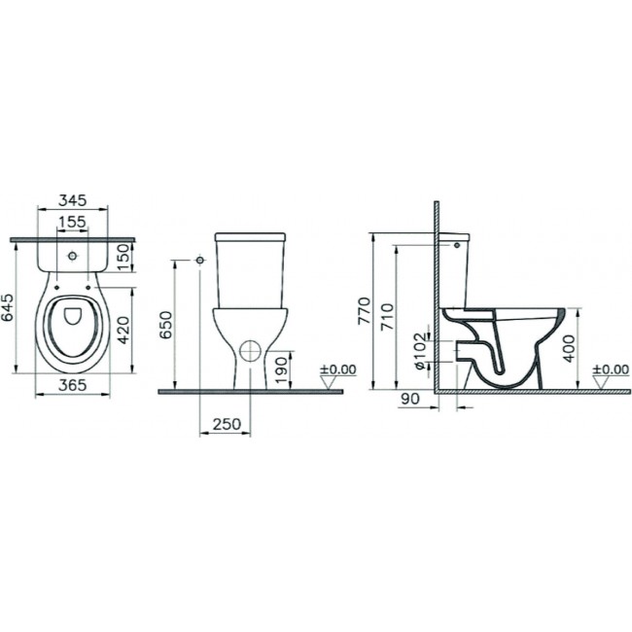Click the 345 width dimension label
tap(73, 200)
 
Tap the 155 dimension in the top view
tap(73, 222)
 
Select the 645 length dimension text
tap(8, 307)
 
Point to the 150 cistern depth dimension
tap(125, 257)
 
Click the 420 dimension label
tap(125, 331)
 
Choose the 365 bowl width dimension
tap(73, 385)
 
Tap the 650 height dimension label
tap(165, 325)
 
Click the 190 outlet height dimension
tap(282, 369)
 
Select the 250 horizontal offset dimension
tap(227, 424)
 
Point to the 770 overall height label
tap(365, 310)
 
